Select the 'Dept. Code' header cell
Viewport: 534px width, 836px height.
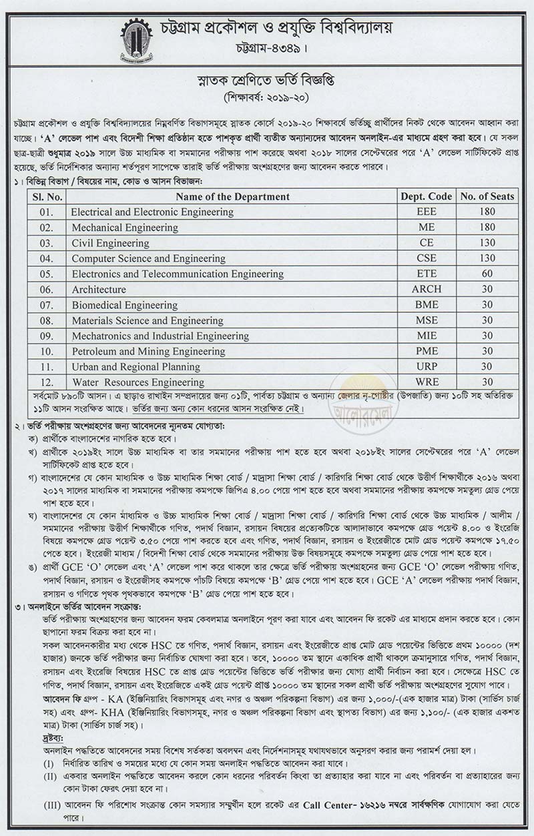point(427,196)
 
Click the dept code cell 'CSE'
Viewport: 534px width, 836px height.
point(427,258)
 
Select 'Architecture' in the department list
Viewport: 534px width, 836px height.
point(99,290)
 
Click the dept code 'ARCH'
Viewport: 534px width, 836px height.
point(427,290)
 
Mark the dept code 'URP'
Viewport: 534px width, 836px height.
point(427,367)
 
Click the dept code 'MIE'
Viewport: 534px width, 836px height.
point(427,336)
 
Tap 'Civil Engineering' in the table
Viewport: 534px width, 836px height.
point(110,243)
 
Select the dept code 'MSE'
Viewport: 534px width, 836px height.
point(427,320)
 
